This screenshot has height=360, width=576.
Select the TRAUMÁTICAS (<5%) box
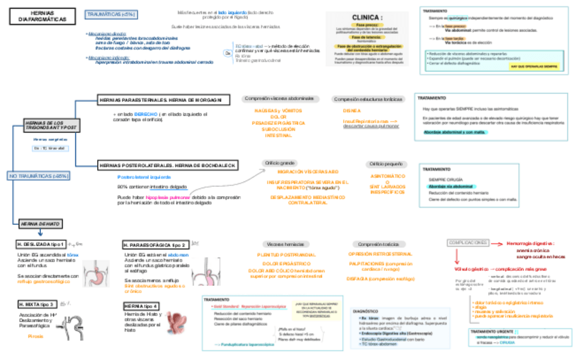(x=111, y=14)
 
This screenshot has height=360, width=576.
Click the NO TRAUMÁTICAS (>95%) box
(x=39, y=176)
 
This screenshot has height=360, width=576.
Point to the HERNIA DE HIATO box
(x=41, y=223)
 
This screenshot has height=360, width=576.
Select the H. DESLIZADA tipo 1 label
(x=41, y=243)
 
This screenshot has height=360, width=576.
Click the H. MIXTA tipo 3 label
(x=37, y=304)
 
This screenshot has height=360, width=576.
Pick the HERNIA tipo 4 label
(x=141, y=306)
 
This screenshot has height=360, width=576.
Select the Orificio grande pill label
(x=280, y=163)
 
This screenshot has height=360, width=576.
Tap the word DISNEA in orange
(x=352, y=110)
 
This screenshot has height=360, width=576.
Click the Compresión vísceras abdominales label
(x=279, y=98)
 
